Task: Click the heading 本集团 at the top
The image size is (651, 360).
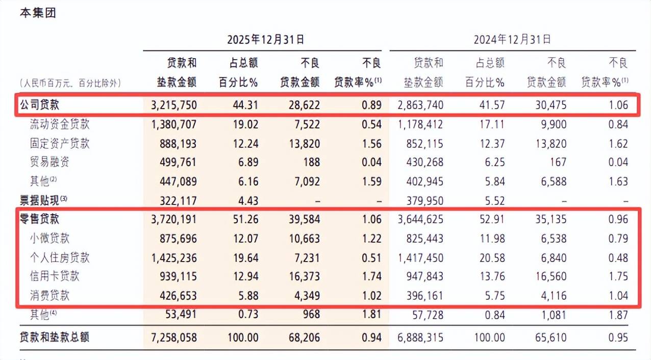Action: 38,13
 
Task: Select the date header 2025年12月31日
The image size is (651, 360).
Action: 266,39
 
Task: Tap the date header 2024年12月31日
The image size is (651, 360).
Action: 512,39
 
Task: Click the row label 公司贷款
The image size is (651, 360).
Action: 39,105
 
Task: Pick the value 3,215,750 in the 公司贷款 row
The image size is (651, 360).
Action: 174,105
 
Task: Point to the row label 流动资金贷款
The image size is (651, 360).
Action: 60,124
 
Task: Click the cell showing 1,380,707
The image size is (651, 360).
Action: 174,124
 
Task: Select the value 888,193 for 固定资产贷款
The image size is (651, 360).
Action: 178,144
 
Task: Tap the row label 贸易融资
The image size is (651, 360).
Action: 49,162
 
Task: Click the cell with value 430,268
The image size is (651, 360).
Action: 425,162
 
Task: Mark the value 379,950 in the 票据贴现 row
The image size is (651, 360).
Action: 425,201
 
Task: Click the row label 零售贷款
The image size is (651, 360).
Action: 39,219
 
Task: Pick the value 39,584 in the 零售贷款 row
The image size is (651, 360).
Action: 304,219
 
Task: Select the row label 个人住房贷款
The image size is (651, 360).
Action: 60,258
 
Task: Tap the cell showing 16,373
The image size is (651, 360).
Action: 304,276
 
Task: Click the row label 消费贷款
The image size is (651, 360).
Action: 49,295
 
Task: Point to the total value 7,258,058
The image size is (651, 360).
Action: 174,338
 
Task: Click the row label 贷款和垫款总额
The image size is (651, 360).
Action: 55,337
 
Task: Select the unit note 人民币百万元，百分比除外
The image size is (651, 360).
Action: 70,84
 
